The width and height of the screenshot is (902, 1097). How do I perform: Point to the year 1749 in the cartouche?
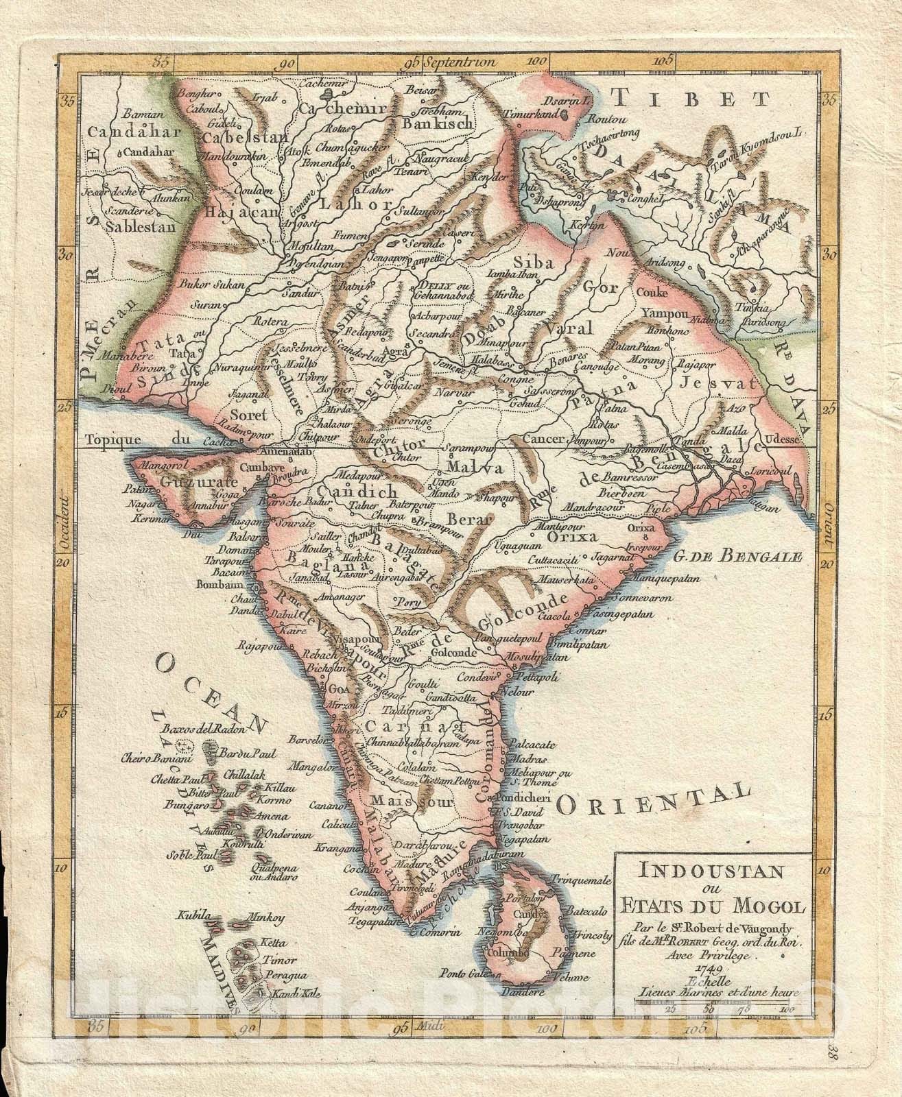point(707,966)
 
